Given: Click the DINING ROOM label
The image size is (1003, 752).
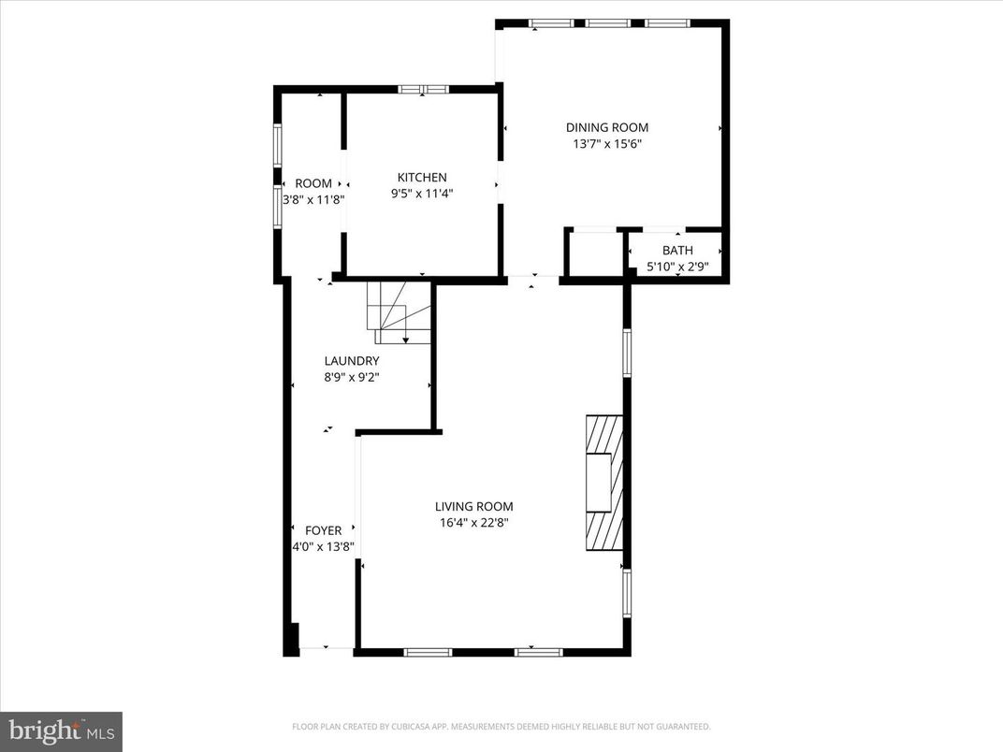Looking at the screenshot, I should coord(606,127).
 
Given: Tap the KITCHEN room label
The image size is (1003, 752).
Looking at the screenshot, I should coord(422,177).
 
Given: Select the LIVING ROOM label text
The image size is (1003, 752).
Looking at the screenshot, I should coord(473,506).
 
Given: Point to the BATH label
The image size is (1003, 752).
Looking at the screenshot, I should coord(677,250).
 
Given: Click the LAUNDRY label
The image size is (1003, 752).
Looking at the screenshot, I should coord(351,361).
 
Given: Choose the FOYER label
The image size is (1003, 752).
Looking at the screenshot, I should coord(323,530).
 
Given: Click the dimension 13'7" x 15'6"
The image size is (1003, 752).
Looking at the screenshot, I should coord(606,144).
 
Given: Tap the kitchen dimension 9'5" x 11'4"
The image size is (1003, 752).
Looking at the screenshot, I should coord(422,194).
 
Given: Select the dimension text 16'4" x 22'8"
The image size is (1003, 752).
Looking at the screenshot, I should coord(473,523).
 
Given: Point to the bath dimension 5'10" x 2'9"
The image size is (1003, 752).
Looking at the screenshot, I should coord(677,267).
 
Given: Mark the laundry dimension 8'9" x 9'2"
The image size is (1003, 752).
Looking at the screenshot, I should coord(351,378).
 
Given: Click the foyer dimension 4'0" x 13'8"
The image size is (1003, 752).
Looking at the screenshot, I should coord(323,547).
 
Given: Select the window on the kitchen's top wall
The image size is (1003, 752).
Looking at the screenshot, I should coord(423,89).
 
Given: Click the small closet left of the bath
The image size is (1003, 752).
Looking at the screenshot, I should coord(595,253).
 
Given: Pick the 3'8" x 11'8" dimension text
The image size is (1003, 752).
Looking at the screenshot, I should coord(313,199).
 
